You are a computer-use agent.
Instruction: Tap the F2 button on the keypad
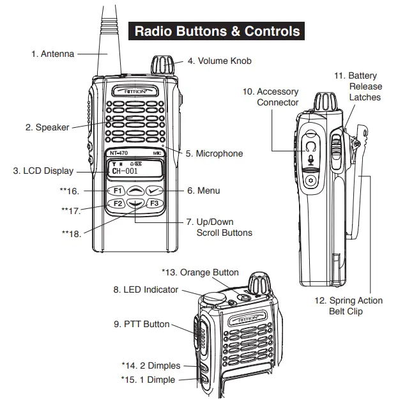pyautogui.click(x=117, y=204)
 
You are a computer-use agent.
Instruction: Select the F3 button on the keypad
pyautogui.click(x=154, y=204)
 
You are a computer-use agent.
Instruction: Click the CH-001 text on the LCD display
pyautogui.click(x=125, y=171)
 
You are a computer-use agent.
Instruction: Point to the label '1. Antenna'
pyautogui.click(x=52, y=54)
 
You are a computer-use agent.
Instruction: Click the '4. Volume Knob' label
pyautogui.click(x=219, y=61)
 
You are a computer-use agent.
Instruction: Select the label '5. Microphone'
pyautogui.click(x=214, y=153)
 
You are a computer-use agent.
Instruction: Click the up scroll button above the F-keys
pyautogui.click(x=135, y=190)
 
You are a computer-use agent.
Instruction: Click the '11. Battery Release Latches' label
pyautogui.click(x=364, y=86)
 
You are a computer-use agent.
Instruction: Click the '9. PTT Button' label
pyautogui.click(x=142, y=324)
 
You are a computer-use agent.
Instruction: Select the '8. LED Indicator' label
pyautogui.click(x=146, y=289)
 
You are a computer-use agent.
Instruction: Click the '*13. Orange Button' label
pyautogui.click(x=200, y=272)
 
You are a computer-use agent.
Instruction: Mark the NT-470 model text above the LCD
pyautogui.click(x=114, y=153)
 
